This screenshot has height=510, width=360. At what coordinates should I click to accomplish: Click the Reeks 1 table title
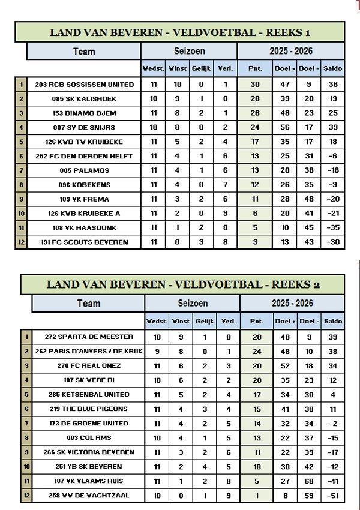[179, 32]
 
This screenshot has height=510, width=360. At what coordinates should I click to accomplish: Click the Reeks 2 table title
[183, 284]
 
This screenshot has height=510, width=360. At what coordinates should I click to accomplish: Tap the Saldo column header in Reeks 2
[332, 321]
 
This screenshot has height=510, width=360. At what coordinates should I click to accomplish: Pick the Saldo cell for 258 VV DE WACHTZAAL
[332, 495]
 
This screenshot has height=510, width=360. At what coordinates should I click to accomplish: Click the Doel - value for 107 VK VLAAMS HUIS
[309, 481]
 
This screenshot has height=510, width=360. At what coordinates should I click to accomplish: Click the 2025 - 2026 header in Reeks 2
[292, 304]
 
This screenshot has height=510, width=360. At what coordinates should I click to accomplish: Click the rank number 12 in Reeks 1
[20, 242]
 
